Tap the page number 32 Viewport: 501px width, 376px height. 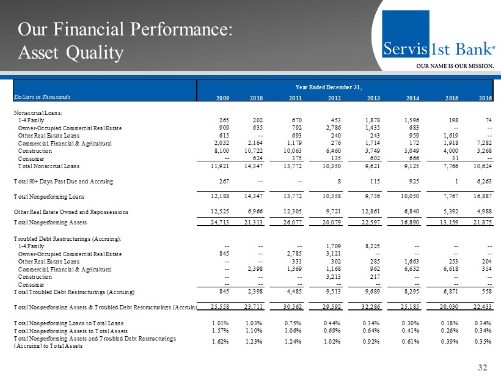coord(483,366)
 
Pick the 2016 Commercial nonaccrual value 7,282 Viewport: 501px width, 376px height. coord(482,142)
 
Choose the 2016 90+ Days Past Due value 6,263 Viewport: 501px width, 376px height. coord(482,181)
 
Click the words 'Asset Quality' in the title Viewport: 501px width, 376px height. coord(70,53)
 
